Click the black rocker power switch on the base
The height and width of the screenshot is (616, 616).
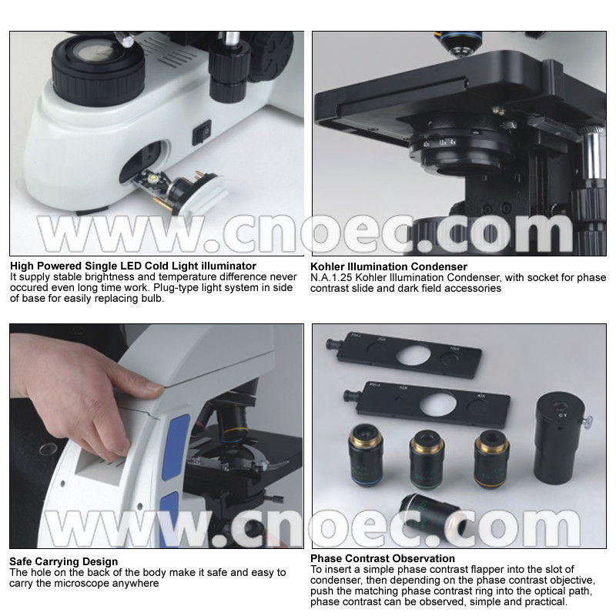[x=202, y=132]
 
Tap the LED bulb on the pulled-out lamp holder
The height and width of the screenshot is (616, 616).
[x=152, y=179]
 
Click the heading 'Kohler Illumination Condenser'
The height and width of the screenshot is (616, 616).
[x=389, y=266]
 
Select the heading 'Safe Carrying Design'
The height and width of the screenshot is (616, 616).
[x=64, y=561]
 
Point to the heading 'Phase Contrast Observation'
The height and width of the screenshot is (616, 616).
[x=383, y=558]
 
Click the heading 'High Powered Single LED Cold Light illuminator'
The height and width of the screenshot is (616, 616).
[x=133, y=266]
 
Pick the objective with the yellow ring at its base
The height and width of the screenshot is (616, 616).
[x=491, y=458]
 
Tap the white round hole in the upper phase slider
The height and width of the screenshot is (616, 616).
[x=413, y=354]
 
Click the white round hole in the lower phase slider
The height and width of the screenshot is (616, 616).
[x=438, y=405]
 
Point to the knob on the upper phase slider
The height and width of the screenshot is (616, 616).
[x=332, y=344]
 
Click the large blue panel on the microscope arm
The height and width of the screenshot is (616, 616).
[x=175, y=448]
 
